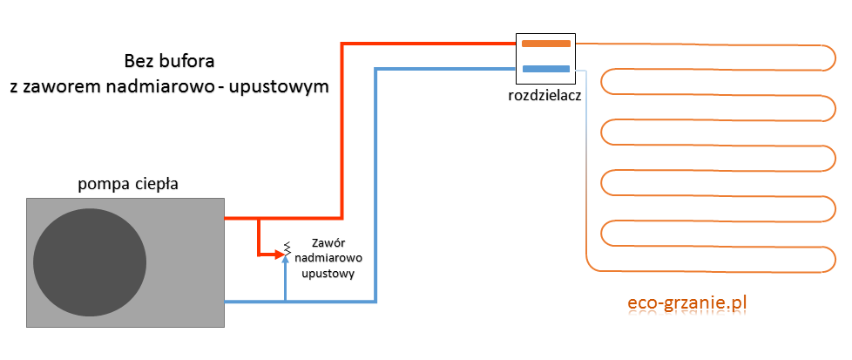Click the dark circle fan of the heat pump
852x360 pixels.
90,262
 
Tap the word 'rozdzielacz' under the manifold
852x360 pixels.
544,94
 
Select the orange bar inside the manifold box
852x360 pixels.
545,43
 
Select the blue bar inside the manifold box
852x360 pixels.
545,68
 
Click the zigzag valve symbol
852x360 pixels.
286,251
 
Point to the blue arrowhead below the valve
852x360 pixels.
286,263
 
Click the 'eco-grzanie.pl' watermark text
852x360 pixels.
688,303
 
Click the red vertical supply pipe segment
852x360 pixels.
342,131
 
